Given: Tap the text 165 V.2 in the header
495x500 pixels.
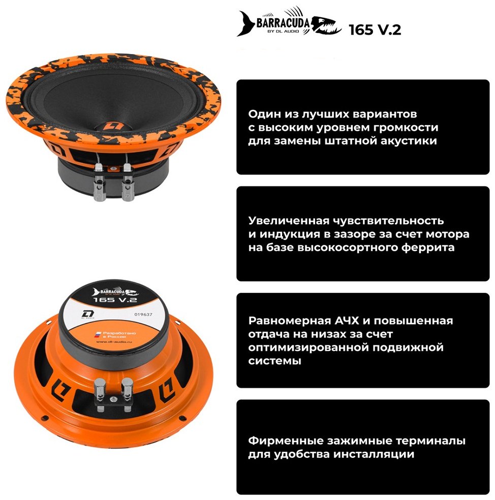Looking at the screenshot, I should point(375,30).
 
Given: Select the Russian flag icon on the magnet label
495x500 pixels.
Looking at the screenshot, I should point(95,333).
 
